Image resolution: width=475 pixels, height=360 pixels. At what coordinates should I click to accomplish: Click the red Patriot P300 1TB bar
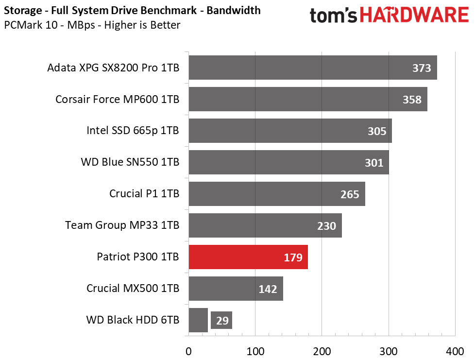[248, 257]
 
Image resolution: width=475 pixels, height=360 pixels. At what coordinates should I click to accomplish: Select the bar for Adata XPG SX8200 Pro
[313, 68]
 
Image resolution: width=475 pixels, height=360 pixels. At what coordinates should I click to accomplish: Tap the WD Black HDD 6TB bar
[198, 320]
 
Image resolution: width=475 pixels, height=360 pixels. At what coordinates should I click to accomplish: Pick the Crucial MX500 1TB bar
[236, 289]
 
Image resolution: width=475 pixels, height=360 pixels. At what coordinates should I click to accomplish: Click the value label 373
[422, 68]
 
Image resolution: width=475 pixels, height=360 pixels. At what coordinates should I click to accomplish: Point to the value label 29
[222, 321]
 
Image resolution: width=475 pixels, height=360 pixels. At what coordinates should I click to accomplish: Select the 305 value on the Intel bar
[377, 131]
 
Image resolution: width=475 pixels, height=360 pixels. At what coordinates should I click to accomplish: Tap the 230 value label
[326, 226]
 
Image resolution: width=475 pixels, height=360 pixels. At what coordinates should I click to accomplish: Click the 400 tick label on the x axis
[455, 352]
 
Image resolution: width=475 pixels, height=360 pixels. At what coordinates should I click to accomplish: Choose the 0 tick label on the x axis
[188, 352]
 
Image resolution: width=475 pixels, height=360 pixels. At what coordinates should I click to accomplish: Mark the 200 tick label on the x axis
[322, 352]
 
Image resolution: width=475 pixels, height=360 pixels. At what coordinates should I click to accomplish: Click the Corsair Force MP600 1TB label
[117, 99]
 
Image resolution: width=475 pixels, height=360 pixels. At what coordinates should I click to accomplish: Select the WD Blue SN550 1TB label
[130, 162]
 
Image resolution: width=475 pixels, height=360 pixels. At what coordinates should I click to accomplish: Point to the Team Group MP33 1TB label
[122, 225]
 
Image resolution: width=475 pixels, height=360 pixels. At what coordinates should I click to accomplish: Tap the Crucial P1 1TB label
[144, 194]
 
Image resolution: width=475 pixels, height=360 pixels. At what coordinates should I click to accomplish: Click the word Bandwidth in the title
[234, 10]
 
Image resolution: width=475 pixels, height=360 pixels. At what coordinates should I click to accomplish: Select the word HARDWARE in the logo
[414, 15]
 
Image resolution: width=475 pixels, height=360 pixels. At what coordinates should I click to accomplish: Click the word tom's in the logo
[334, 16]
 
